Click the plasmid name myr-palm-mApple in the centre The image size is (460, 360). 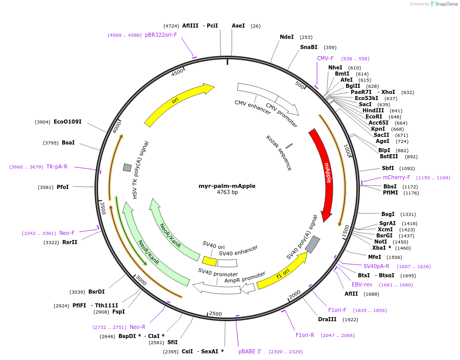tap(227, 186)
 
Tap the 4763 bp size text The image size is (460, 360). tap(227, 193)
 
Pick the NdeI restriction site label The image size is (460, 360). tap(287, 37)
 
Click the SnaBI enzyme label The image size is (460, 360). tap(308, 47)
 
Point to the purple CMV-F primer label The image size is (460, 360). tap(325, 58)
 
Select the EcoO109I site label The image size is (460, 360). tap(67, 122)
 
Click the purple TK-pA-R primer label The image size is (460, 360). tap(57, 166)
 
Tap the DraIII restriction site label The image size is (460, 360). tap(327, 319)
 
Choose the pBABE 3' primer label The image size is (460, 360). tap(250, 351)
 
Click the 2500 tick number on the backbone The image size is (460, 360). tap(216, 314)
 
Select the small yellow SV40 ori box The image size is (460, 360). tap(209, 261)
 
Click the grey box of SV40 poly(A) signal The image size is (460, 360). tap(312, 245)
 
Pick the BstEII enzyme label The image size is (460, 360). tap(389, 157)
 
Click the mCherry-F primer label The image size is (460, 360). tap(396, 177)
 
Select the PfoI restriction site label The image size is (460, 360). tap(62, 187)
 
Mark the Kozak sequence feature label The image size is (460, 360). tap(279, 153)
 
